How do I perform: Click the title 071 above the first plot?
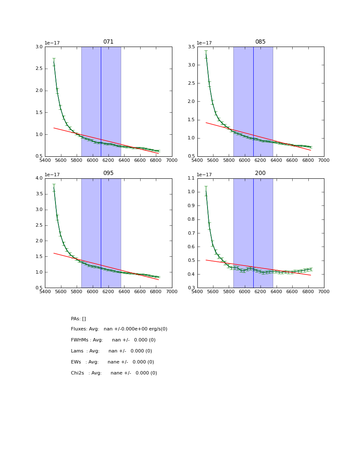(x=108, y=42)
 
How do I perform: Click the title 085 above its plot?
(x=260, y=42)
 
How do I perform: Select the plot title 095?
(x=108, y=173)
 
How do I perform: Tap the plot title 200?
(x=260, y=173)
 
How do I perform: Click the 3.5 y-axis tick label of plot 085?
(x=191, y=47)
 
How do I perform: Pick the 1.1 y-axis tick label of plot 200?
(x=191, y=178)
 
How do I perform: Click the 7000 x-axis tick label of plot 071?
(x=172, y=160)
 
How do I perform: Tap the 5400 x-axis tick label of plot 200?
(x=197, y=291)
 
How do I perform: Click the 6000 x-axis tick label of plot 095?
(x=93, y=291)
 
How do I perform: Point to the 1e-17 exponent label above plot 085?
(x=205, y=43)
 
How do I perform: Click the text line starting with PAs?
(x=78, y=319)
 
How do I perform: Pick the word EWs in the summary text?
(x=76, y=362)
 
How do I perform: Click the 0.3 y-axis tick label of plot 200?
(x=191, y=288)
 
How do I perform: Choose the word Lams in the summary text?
(x=77, y=351)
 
